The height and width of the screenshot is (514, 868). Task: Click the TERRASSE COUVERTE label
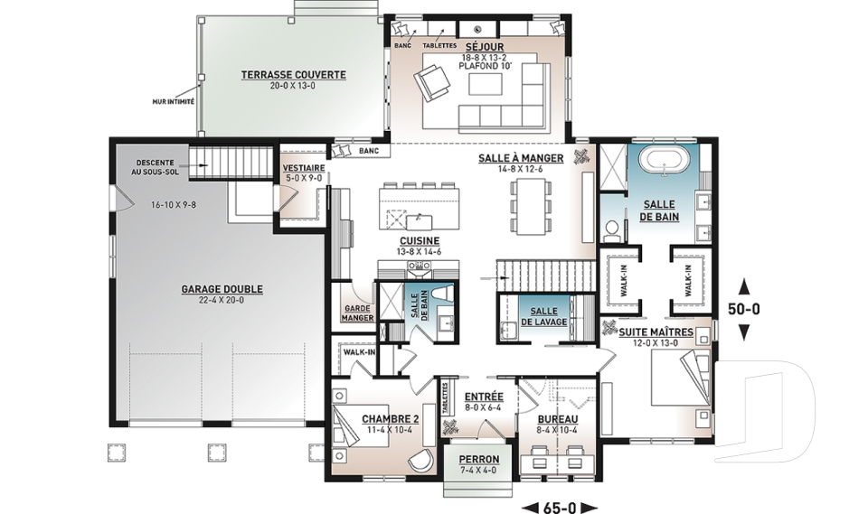[293, 75]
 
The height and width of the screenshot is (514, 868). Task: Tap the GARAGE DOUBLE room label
[222, 289]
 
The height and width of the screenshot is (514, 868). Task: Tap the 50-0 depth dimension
[744, 309]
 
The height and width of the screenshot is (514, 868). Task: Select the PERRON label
[479, 459]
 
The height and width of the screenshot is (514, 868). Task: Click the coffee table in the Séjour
[486, 84]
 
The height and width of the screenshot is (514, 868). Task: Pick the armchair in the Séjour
[432, 80]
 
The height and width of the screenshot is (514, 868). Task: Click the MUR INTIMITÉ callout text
[174, 102]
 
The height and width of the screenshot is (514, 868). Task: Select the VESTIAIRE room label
[304, 168]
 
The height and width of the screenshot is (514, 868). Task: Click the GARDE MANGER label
[358, 313]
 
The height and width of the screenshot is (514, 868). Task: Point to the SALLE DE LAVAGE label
[543, 316]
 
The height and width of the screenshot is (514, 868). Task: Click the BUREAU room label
[558, 419]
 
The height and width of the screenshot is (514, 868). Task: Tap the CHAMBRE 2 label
[391, 419]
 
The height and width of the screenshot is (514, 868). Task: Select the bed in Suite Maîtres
[680, 378]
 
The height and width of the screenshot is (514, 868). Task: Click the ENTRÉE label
[484, 397]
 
